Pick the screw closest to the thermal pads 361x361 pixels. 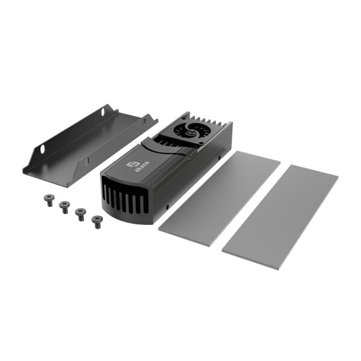(96, 221)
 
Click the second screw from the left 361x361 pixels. (64, 206)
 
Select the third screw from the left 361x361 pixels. (79, 213)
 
